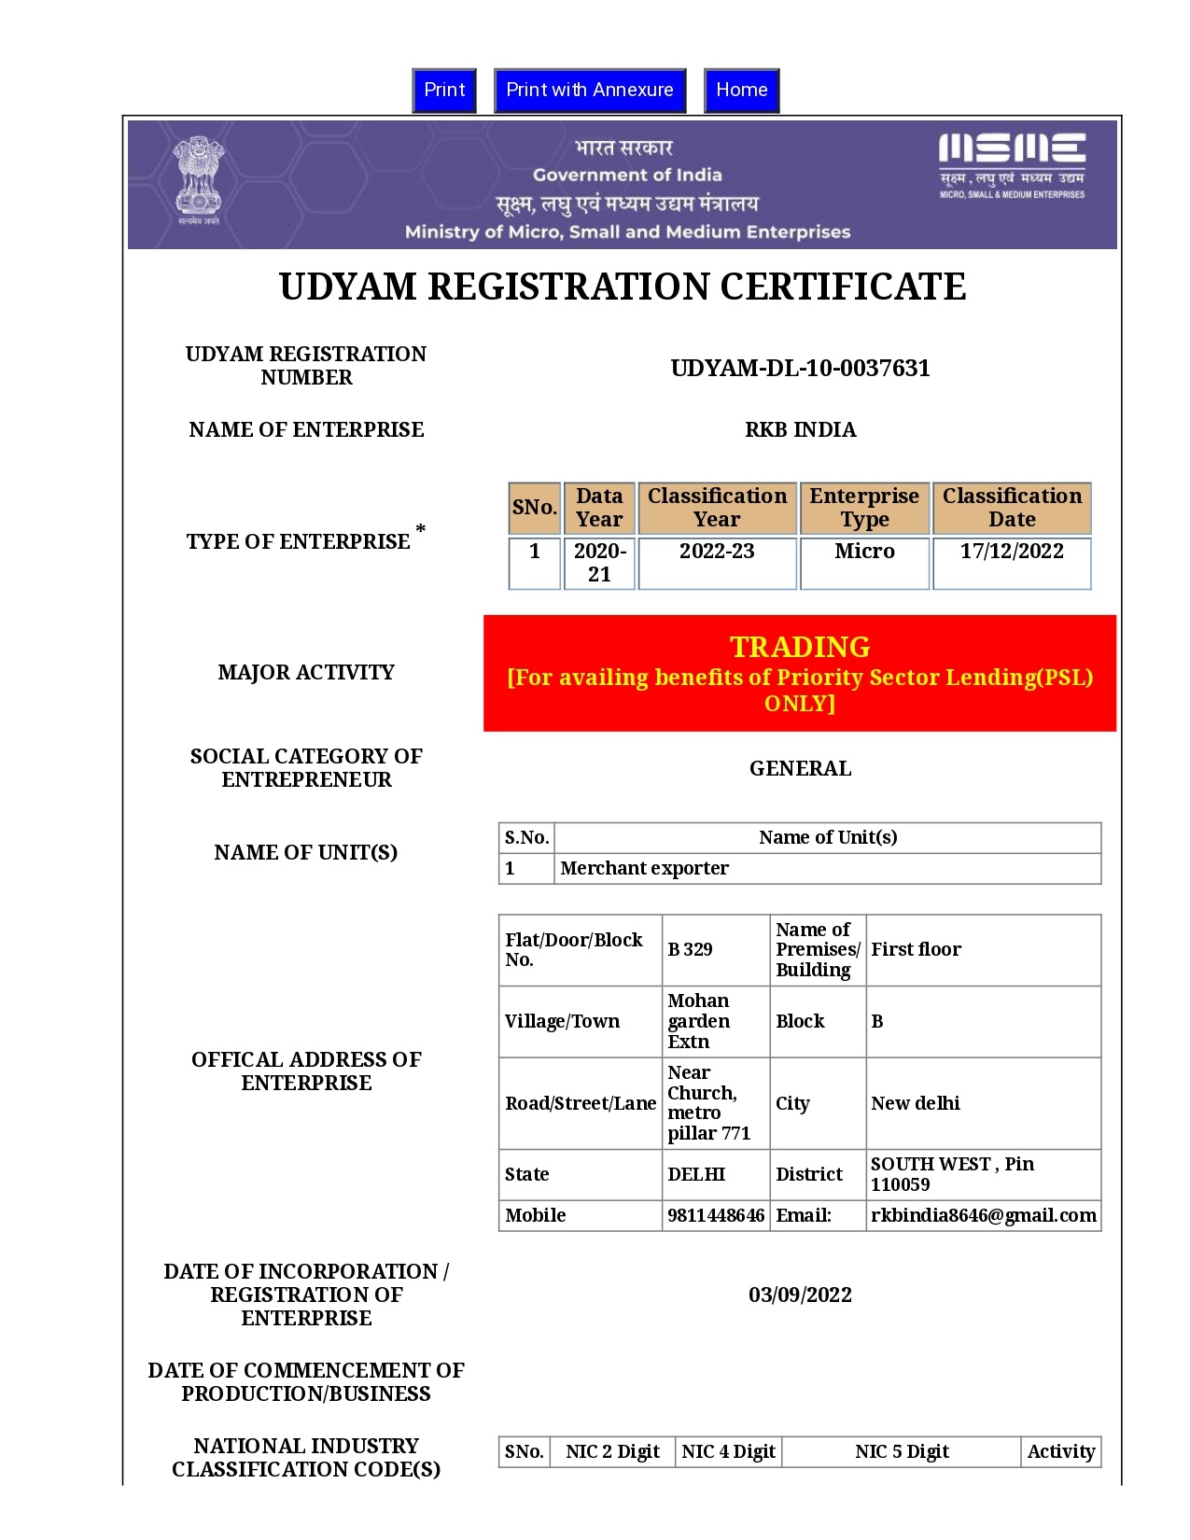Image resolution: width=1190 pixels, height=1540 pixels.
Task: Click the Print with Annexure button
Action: [x=590, y=91]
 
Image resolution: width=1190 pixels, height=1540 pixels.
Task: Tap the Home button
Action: [x=741, y=91]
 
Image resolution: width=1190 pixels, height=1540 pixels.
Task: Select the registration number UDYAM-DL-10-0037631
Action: [x=800, y=368]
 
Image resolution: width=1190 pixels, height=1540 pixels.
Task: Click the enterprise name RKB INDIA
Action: [x=800, y=429]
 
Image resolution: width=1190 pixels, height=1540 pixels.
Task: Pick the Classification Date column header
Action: [x=1012, y=508]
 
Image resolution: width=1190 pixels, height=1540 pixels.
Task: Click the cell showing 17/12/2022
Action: [x=1012, y=552]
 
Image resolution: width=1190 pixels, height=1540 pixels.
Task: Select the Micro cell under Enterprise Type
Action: [x=864, y=552]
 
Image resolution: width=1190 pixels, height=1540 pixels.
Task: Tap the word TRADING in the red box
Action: [x=800, y=647]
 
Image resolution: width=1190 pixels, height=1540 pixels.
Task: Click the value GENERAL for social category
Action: [x=800, y=768]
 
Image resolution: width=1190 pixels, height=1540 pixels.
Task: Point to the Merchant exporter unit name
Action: [x=644, y=868]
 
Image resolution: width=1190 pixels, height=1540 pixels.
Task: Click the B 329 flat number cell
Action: [x=691, y=949]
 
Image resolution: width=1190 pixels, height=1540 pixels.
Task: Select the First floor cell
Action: [x=916, y=949]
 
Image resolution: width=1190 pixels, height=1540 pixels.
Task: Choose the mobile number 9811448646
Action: [x=716, y=1215]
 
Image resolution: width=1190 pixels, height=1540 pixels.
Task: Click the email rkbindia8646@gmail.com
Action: [x=983, y=1215]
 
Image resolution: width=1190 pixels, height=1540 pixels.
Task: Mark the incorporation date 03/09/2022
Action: [x=800, y=1295]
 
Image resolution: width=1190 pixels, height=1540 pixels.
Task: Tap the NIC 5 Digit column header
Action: [x=902, y=1451]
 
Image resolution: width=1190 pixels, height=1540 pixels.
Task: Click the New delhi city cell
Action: [x=915, y=1103]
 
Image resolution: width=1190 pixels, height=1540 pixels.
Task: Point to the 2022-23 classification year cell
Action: [x=717, y=552]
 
